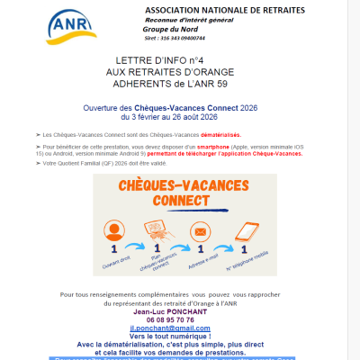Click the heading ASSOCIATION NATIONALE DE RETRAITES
coord(224,10)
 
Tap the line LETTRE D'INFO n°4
coord(148,57)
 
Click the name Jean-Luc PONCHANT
coord(184,310)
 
